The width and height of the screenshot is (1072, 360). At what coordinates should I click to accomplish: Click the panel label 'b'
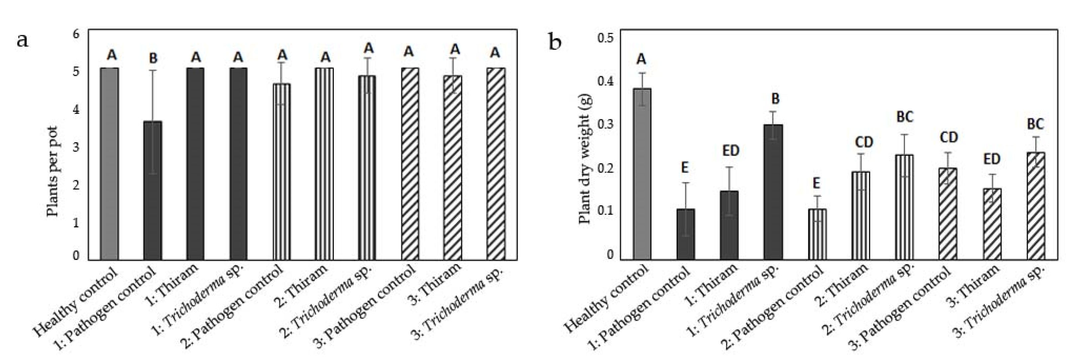point(556,42)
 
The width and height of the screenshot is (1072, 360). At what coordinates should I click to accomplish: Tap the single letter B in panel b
point(775,99)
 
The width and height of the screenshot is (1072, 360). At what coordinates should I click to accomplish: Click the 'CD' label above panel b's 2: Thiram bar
point(864,142)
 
